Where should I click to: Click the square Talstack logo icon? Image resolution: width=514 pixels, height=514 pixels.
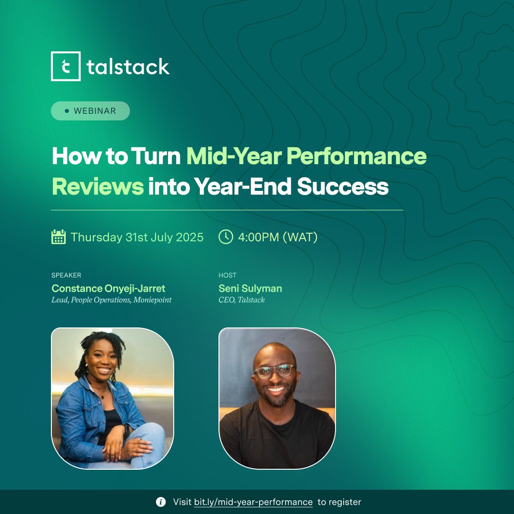(x=66, y=66)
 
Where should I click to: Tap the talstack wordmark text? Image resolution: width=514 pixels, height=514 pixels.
(x=128, y=67)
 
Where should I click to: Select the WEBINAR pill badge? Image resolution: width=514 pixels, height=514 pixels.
(x=90, y=111)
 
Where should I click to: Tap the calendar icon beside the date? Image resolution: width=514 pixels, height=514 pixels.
(x=59, y=237)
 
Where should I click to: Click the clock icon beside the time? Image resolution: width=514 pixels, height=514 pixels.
(x=226, y=237)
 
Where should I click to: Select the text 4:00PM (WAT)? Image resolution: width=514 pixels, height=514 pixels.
(x=277, y=237)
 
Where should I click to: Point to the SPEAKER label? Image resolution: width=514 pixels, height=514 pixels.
(x=66, y=275)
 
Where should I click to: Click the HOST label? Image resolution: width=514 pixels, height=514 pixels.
(x=227, y=275)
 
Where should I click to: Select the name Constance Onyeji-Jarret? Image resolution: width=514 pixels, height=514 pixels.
(x=109, y=288)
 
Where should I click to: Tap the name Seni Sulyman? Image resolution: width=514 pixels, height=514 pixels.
(x=250, y=288)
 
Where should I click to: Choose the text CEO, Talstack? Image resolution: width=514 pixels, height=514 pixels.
(x=242, y=300)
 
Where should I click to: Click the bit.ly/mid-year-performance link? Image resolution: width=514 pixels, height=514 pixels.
(x=253, y=502)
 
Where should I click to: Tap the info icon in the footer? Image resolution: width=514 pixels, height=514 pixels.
(x=161, y=502)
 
